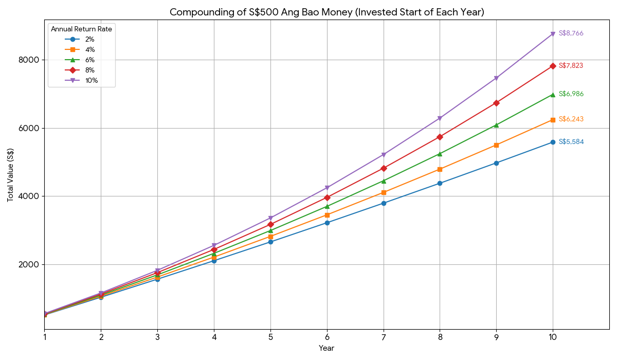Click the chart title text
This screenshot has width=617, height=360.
point(326,12)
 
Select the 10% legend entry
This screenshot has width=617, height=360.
point(92,80)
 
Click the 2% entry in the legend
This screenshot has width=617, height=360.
point(89,39)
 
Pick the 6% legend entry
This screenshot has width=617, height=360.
point(89,60)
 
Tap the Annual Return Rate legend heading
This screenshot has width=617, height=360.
point(81,29)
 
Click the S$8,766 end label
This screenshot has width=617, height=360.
point(571,33)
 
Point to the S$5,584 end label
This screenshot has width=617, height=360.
point(571,142)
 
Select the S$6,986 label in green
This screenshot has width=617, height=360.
point(571,94)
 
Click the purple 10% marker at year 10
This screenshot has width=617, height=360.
point(553,34)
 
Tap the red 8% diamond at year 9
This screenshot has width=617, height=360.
point(496,103)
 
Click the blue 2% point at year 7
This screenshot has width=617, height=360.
point(384,203)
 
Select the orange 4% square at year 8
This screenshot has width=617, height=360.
point(440,169)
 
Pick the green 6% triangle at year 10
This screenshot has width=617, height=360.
point(553,95)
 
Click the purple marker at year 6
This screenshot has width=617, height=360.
point(327,188)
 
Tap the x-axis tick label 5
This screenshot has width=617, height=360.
point(270,337)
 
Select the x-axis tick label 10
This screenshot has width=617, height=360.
point(553,337)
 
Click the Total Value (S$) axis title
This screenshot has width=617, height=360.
point(10,175)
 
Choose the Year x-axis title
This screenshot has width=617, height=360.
point(326,349)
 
